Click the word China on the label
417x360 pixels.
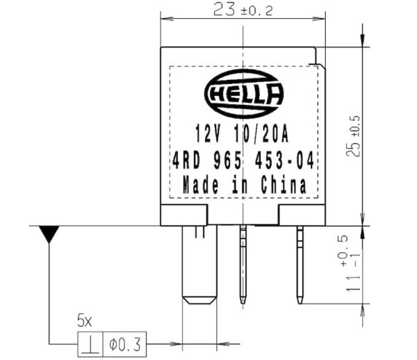[284, 186]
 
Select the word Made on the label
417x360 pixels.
[200, 186]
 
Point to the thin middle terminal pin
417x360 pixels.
[243, 264]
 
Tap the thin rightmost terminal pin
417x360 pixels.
[300, 264]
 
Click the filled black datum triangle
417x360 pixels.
[49, 234]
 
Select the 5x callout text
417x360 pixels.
[84, 322]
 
